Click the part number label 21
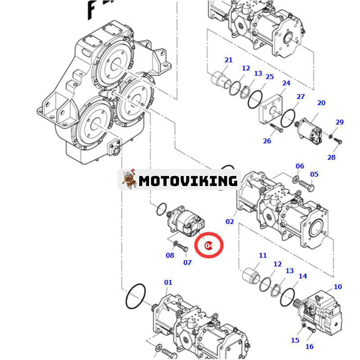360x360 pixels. point(229,60)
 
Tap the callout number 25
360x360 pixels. point(269,77)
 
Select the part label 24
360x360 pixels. point(286,83)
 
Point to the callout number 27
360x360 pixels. point(301,97)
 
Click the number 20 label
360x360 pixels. point(321,103)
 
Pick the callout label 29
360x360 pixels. point(339,122)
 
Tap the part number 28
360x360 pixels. point(331,157)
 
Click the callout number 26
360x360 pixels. point(267,141)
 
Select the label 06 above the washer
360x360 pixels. point(300,166)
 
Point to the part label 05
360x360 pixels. point(314,174)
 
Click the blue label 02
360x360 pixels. point(230,221)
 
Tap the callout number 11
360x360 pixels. point(263,256)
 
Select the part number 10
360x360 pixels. point(337,287)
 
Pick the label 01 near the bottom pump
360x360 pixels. point(168,283)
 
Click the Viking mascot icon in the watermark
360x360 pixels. point(129,180)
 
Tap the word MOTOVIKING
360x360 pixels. point(188,181)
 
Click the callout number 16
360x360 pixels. point(310,346)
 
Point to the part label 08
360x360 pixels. point(170,255)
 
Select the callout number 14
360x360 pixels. point(303,276)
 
